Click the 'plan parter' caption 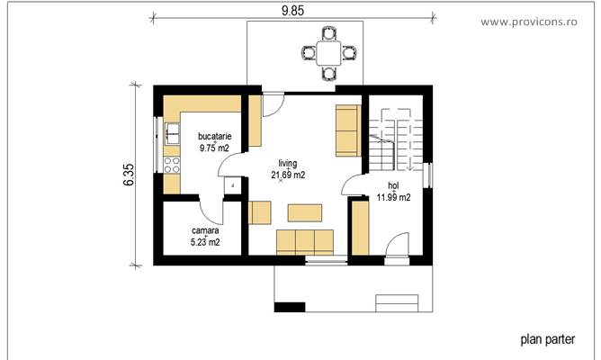click(x=546, y=340)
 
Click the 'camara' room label click(x=205, y=230)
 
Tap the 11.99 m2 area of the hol click(x=393, y=196)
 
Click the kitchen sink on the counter click(x=171, y=134)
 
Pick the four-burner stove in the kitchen click(x=171, y=166)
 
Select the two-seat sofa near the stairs click(x=347, y=129)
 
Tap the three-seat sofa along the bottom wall click(x=304, y=242)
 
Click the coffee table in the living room click(x=305, y=212)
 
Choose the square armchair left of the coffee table click(x=260, y=212)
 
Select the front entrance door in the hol click(x=397, y=246)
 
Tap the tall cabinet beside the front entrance click(x=359, y=229)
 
